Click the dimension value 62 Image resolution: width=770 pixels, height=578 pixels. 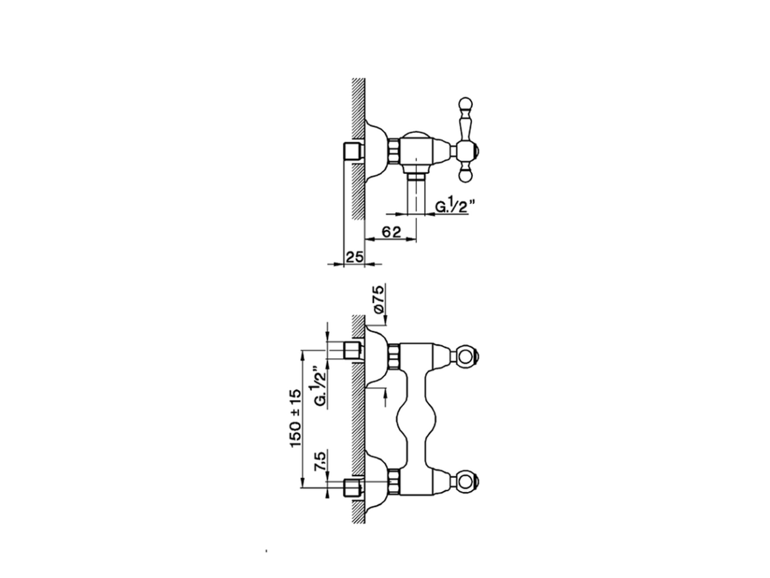[x=391, y=232]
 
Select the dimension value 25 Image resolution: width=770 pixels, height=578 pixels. [x=355, y=256]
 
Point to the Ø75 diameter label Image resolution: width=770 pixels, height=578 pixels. [x=378, y=299]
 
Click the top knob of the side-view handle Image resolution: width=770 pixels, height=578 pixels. [x=464, y=104]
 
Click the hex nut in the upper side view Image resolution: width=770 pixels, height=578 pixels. [x=395, y=151]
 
